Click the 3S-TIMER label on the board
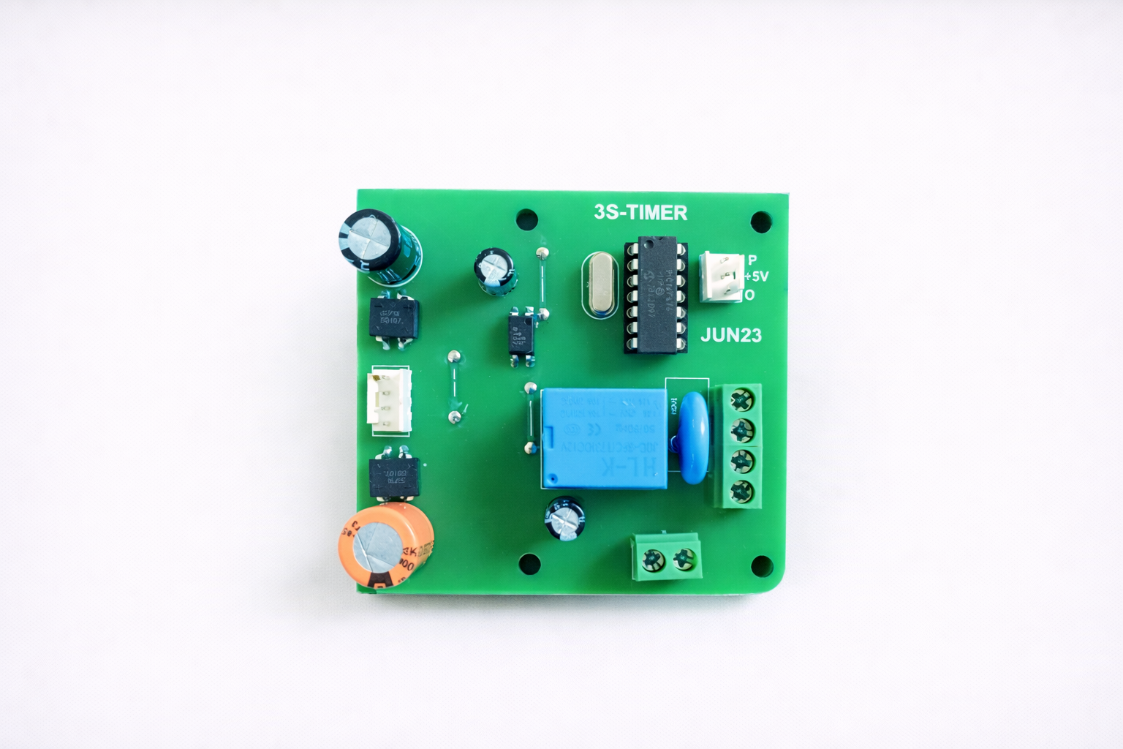[x=640, y=213]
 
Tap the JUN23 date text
[x=730, y=336]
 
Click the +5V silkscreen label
[x=757, y=276]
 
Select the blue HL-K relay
[x=603, y=438]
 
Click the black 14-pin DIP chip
[x=655, y=294]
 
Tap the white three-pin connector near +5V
[x=719, y=276]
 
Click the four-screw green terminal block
[x=738, y=445]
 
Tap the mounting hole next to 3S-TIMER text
[x=526, y=219]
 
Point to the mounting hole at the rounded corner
[x=761, y=565]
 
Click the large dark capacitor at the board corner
[x=379, y=247]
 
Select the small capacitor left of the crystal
[x=495, y=269]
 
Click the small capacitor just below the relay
[x=565, y=519]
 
